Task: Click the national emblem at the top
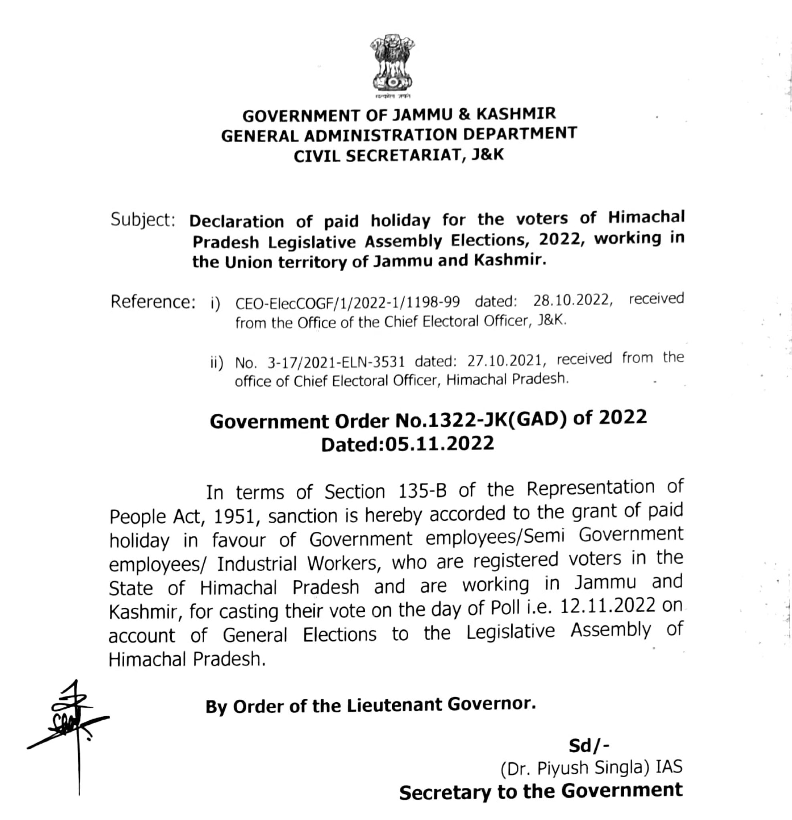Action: (x=393, y=67)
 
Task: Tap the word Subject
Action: (x=142, y=220)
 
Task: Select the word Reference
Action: (x=153, y=301)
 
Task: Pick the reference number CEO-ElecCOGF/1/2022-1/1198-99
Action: (x=347, y=302)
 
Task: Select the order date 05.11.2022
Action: (x=439, y=444)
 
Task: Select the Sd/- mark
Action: (x=588, y=745)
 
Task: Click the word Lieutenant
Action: (x=395, y=705)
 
